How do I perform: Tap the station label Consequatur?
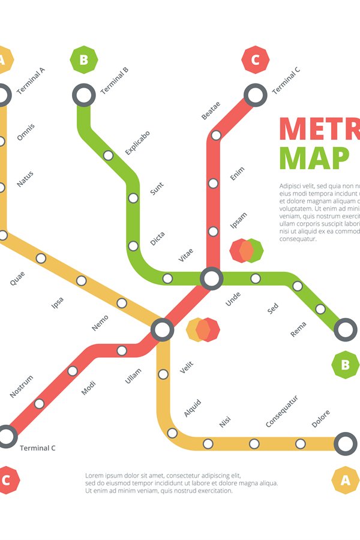(282, 411)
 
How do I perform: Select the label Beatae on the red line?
(211, 110)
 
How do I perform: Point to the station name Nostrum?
(22, 386)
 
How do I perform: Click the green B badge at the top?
(83, 60)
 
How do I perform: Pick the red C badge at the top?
(256, 60)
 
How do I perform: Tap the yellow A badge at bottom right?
(346, 480)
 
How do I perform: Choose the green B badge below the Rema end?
(345, 365)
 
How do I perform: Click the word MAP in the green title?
(314, 158)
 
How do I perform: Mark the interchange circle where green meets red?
(211, 278)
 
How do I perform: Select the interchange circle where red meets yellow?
(162, 329)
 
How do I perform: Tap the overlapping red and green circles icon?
(247, 250)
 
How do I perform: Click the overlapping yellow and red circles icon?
(203, 329)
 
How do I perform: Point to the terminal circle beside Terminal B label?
(84, 95)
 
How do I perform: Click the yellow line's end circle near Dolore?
(345, 443)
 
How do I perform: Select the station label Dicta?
(157, 238)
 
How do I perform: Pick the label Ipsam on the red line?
(238, 221)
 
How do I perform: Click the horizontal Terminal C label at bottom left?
(38, 448)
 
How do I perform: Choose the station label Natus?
(25, 179)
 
